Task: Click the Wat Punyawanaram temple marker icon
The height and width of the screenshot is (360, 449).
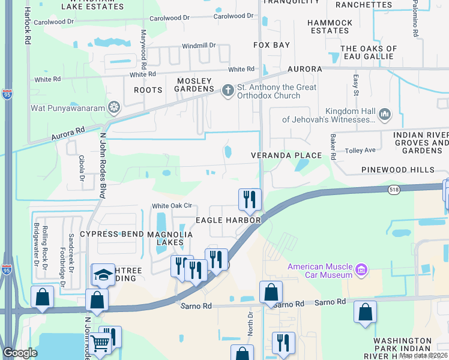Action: point(113,109)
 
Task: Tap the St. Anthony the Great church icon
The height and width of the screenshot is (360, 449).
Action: point(227,91)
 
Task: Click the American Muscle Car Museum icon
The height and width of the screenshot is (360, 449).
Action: point(361,270)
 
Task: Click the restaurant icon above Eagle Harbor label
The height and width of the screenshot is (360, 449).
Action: point(250,199)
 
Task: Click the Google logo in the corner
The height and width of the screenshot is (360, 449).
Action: point(19,353)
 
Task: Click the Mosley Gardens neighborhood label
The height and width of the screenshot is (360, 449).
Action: point(194,85)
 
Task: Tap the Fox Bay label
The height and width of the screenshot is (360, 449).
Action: point(271,45)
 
